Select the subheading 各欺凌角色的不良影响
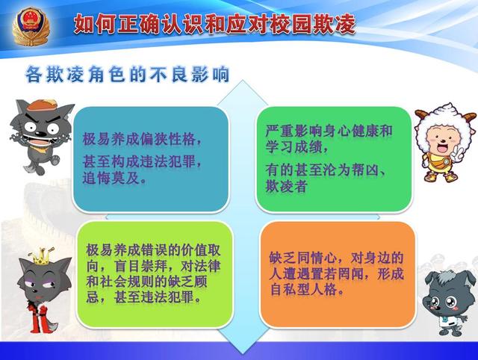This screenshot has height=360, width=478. pos(127,75)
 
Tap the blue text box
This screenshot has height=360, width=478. pos(151,159)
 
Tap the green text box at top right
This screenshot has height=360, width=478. pos(333,158)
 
